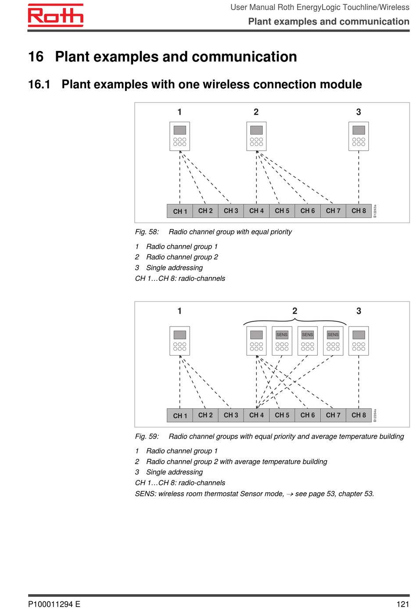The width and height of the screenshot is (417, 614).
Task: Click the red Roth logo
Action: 55,15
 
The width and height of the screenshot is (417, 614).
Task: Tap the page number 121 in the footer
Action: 403,604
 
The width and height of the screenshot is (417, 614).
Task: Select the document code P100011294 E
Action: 54,604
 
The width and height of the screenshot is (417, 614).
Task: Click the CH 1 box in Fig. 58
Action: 180,211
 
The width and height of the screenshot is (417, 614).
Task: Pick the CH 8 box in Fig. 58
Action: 359,211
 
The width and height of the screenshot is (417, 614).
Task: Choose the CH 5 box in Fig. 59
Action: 282,415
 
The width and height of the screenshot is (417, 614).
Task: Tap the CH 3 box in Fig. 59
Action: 231,415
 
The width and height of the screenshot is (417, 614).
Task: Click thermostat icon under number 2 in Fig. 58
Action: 256,136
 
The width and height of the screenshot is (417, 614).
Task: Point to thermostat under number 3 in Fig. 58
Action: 359,136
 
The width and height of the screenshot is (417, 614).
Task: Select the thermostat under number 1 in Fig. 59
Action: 180,341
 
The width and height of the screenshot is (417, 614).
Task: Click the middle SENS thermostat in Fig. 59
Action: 307,341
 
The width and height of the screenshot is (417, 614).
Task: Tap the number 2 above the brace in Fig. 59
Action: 295,311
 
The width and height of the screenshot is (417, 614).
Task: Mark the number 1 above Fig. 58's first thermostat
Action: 180,112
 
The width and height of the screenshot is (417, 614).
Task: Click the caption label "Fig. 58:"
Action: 147,232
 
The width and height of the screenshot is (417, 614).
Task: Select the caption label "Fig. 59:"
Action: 147,436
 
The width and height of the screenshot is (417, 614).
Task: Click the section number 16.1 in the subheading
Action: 39,84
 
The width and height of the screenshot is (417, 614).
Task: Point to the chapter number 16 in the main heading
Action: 36,57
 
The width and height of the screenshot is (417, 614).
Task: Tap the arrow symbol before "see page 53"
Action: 290,494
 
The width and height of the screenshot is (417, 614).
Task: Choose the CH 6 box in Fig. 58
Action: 307,211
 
